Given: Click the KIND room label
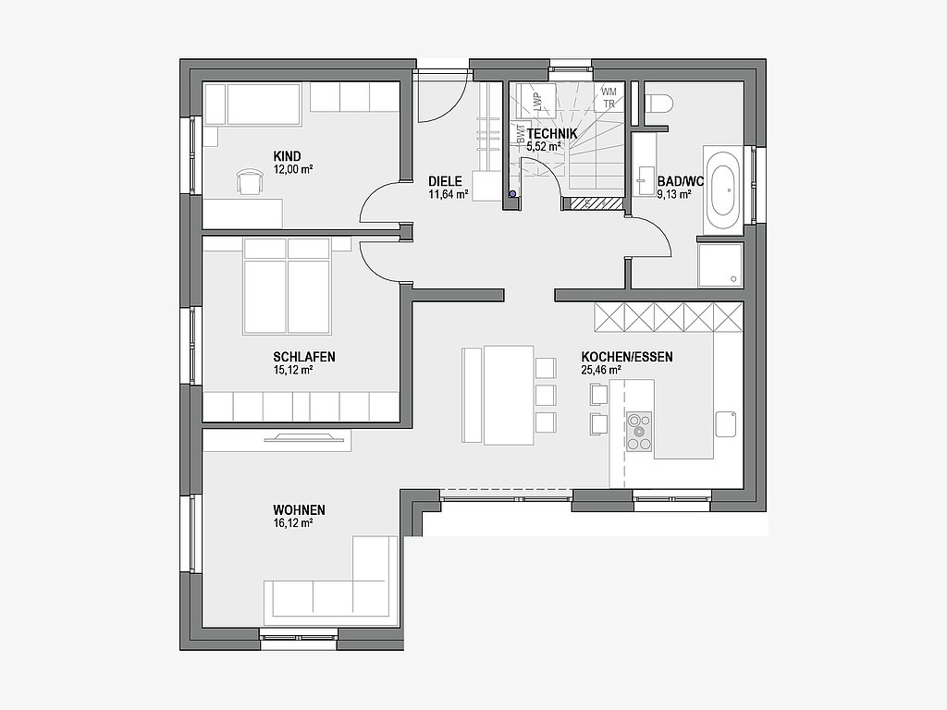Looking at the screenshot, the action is pyautogui.click(x=287, y=157).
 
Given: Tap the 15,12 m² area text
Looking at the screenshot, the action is pyautogui.click(x=293, y=370).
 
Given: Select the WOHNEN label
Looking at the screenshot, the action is pyautogui.click(x=299, y=510).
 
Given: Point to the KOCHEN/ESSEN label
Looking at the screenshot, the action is pyautogui.click(x=627, y=357).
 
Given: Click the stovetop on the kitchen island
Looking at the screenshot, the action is pyautogui.click(x=639, y=431).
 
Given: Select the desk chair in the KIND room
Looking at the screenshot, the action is pyautogui.click(x=251, y=182).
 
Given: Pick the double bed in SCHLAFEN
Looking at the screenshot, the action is pyautogui.click(x=287, y=287).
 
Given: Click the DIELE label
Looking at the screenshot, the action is pyautogui.click(x=445, y=181).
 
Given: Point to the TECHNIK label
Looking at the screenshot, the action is pyautogui.click(x=552, y=133).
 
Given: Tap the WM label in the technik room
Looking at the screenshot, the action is pyautogui.click(x=609, y=92).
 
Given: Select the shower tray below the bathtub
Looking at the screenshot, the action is pyautogui.click(x=720, y=264).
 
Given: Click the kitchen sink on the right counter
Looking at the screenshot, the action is pyautogui.click(x=725, y=424).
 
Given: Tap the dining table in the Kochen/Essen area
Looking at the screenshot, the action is pyautogui.click(x=509, y=395).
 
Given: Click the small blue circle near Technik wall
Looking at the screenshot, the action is pyautogui.click(x=512, y=194).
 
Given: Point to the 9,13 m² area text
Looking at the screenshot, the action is pyautogui.click(x=674, y=194).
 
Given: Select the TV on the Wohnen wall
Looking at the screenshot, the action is pyautogui.click(x=301, y=436).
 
